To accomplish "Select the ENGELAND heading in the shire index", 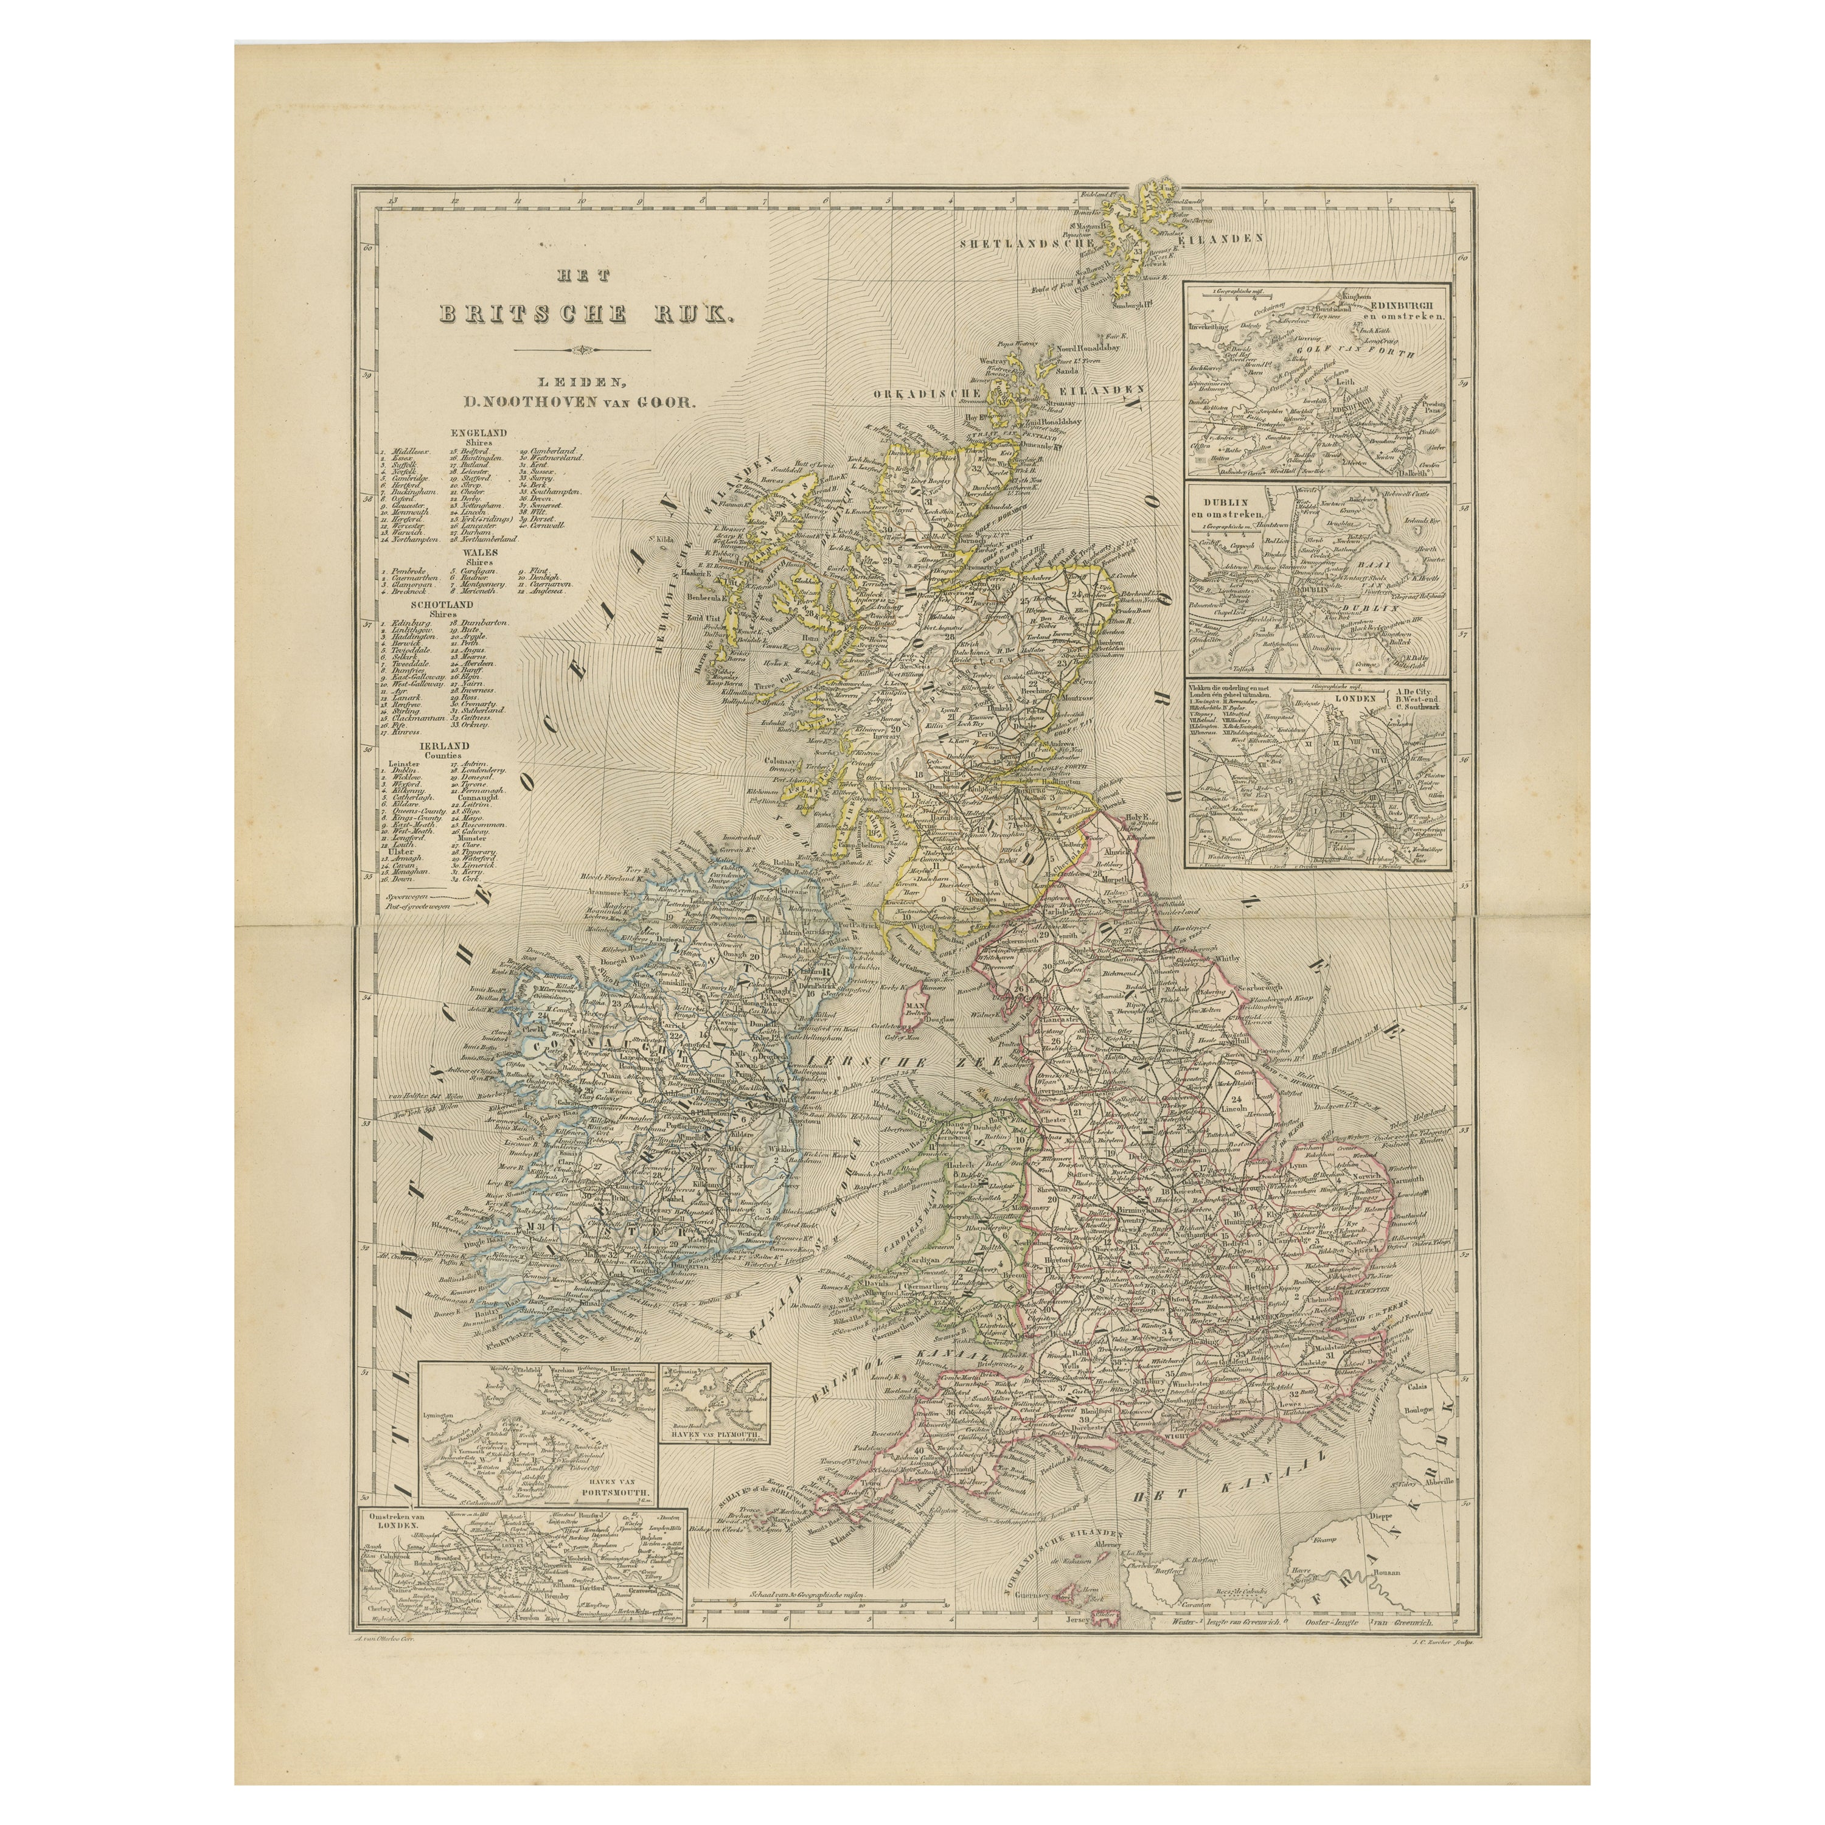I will coord(481,432).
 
